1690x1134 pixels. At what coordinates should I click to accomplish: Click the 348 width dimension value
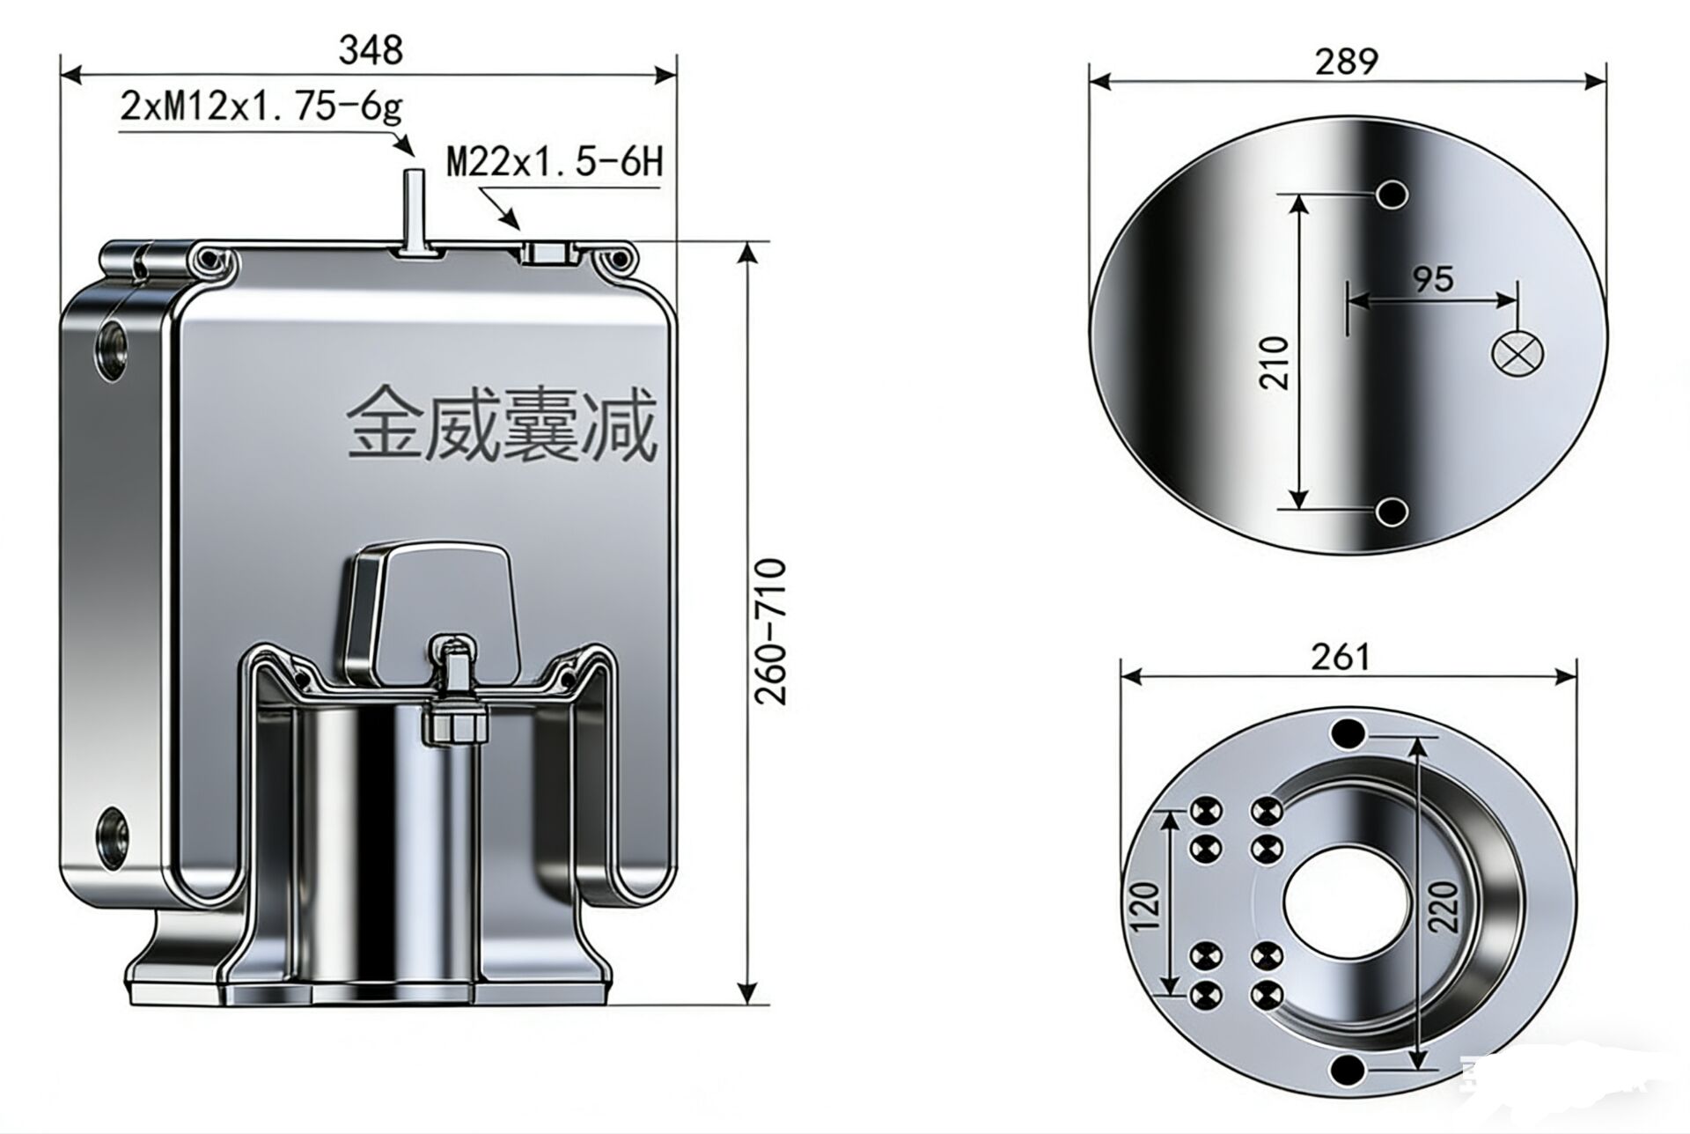pos(371,50)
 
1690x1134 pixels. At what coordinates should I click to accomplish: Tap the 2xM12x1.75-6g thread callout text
pos(261,107)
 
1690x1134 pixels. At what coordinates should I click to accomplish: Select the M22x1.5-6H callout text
pos(555,163)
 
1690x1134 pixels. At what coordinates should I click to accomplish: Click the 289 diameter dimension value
pos(1346,62)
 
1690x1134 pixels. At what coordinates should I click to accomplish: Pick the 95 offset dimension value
pos(1433,279)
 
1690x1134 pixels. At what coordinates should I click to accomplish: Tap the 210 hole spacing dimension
pos(1274,362)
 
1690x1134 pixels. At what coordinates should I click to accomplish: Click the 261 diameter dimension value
pos(1341,657)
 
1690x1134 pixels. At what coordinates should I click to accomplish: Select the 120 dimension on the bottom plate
pos(1145,907)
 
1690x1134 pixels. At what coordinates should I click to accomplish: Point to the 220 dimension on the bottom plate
pos(1444,907)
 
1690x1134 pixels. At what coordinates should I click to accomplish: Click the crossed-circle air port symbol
pos(1517,354)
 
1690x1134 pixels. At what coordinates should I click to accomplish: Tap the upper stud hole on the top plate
pos(1392,194)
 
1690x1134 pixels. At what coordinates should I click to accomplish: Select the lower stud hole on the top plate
pos(1392,511)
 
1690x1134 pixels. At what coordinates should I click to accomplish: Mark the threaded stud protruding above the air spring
pos(413,210)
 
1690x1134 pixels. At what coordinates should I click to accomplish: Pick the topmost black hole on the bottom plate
pos(1348,733)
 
